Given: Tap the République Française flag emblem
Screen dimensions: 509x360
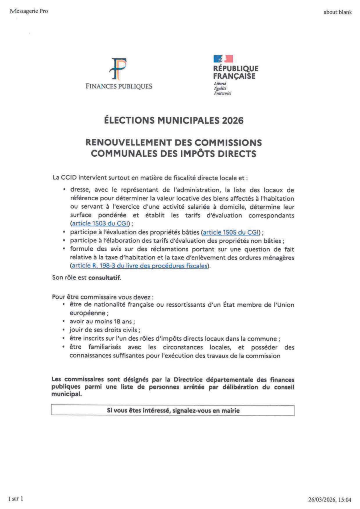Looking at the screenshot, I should tap(223, 60).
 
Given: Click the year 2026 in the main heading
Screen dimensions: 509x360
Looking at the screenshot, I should tap(231, 120).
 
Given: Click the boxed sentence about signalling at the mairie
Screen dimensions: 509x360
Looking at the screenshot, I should tap(173, 411).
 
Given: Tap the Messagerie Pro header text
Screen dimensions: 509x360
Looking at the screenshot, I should tap(28, 12).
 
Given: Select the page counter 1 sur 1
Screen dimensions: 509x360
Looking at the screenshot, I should tap(16, 498).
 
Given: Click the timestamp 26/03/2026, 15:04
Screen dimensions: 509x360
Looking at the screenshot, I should tap(330, 499).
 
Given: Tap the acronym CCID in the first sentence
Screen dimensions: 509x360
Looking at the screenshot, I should tap(70, 177).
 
